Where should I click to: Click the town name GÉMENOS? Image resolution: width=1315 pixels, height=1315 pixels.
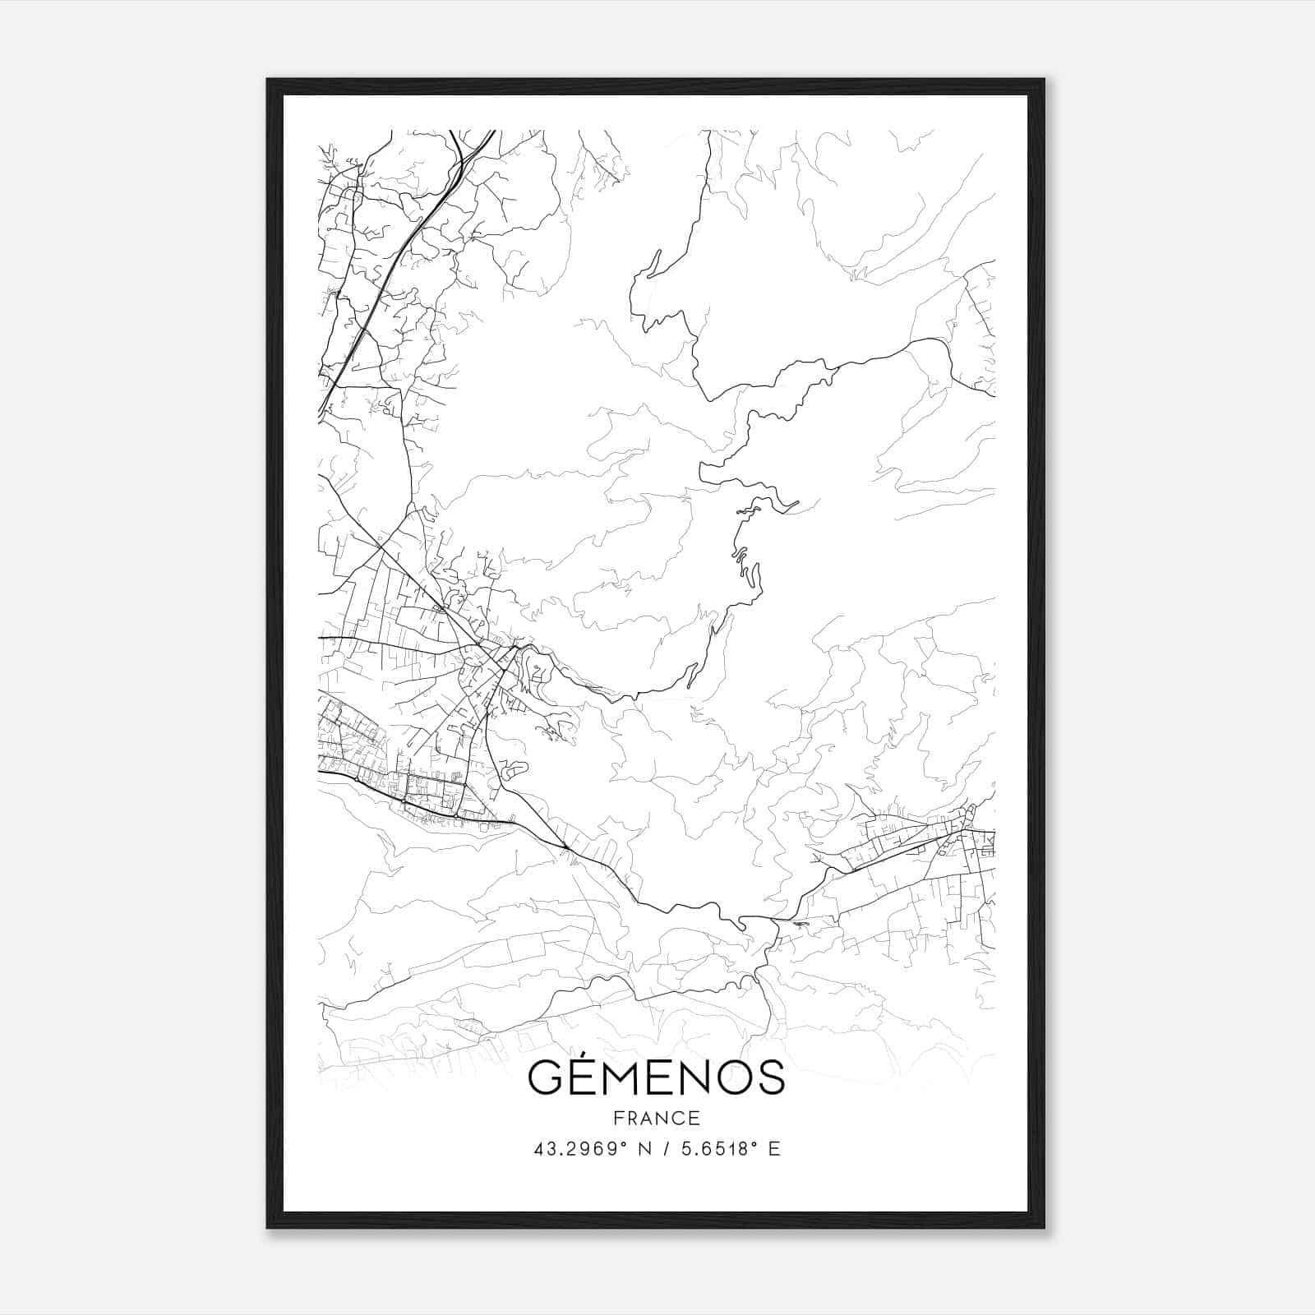click(656, 1077)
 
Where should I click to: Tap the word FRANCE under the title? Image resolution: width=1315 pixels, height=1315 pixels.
click(657, 1119)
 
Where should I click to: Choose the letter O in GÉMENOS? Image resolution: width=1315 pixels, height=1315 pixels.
click(730, 1077)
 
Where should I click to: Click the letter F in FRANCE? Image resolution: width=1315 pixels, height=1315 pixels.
click(619, 1119)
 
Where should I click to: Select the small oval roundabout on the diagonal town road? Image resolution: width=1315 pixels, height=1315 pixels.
click(442, 609)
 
